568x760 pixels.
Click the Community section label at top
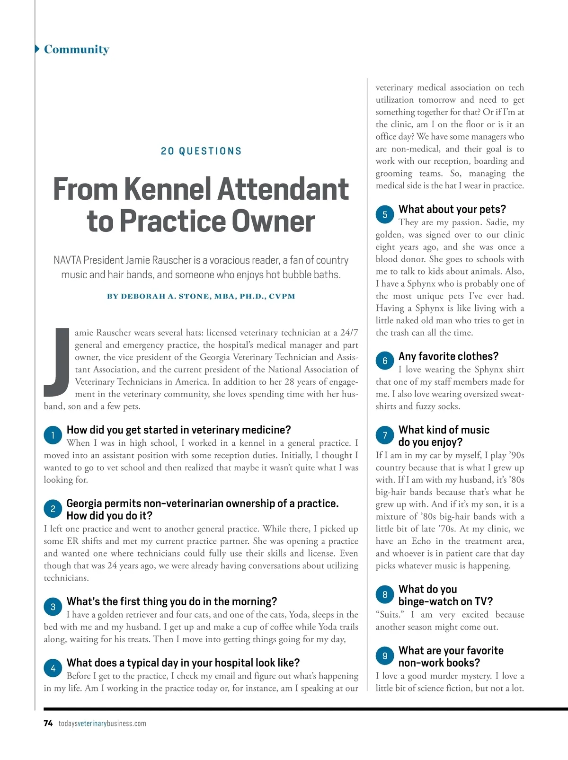pyautogui.click(x=76, y=49)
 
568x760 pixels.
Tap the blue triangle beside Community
pyautogui.click(x=37, y=49)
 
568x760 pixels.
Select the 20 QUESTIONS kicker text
pyautogui.click(x=201, y=151)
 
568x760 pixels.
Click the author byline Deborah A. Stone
pyautogui.click(x=201, y=296)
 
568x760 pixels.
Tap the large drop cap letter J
pyautogui.click(x=57, y=362)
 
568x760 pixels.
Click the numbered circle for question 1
pyautogui.click(x=53, y=435)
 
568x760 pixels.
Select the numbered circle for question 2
pyautogui.click(x=53, y=509)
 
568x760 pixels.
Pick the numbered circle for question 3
pyautogui.click(x=53, y=607)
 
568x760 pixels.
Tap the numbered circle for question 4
pyautogui.click(x=53, y=668)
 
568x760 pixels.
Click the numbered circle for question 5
pyautogui.click(x=385, y=215)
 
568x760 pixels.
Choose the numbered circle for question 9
pyautogui.click(x=385, y=656)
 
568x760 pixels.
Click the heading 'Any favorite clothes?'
pyautogui.click(x=448, y=356)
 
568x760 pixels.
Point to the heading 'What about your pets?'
pyautogui.click(x=452, y=209)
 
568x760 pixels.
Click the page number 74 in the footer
pyautogui.click(x=48, y=723)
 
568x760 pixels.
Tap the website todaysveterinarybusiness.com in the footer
pyautogui.click(x=102, y=723)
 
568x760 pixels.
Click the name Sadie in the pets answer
pyautogui.click(x=494, y=222)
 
